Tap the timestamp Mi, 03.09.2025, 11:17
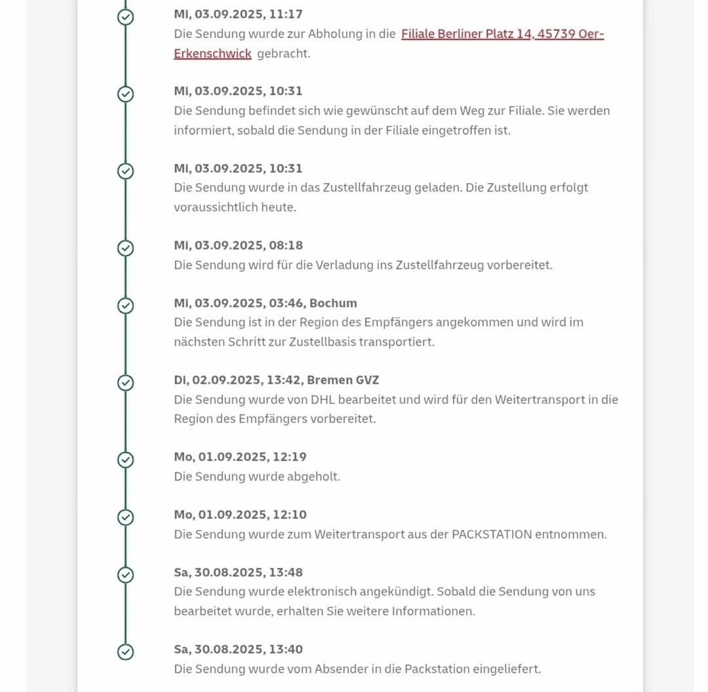pos(238,14)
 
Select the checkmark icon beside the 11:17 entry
pos(125,17)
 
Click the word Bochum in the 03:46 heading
pos(333,303)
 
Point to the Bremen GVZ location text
pos(343,380)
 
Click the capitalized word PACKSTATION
pos(492,534)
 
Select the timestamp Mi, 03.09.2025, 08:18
pos(238,245)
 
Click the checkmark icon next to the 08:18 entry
pos(125,248)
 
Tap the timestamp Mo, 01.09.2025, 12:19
pos(240,457)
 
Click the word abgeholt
pos(313,476)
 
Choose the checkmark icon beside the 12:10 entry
pos(125,518)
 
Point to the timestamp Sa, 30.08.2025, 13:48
pos(238,572)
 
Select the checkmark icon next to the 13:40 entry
pos(125,651)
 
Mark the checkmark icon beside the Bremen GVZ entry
pos(125,382)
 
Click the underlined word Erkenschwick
pos(212,54)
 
